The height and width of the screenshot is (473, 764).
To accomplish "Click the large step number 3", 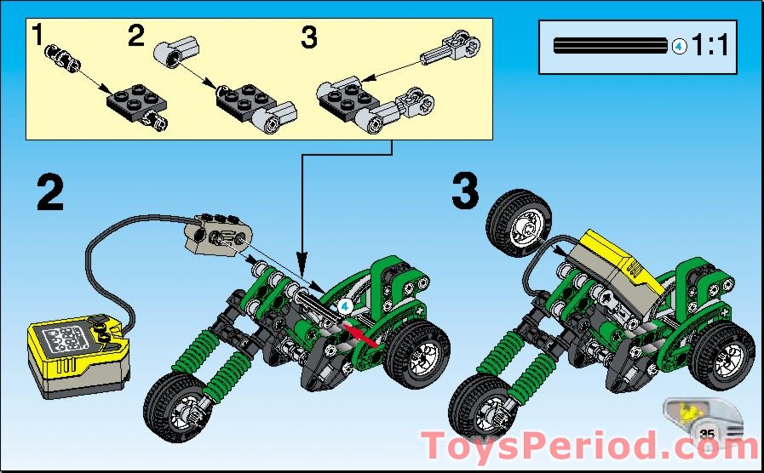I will (465, 193).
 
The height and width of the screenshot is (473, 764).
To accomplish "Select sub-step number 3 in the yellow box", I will (310, 37).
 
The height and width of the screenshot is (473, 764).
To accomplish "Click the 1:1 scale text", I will (710, 46).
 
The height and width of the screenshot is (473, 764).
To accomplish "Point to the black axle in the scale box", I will (610, 46).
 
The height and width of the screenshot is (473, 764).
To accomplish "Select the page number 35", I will (706, 434).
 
